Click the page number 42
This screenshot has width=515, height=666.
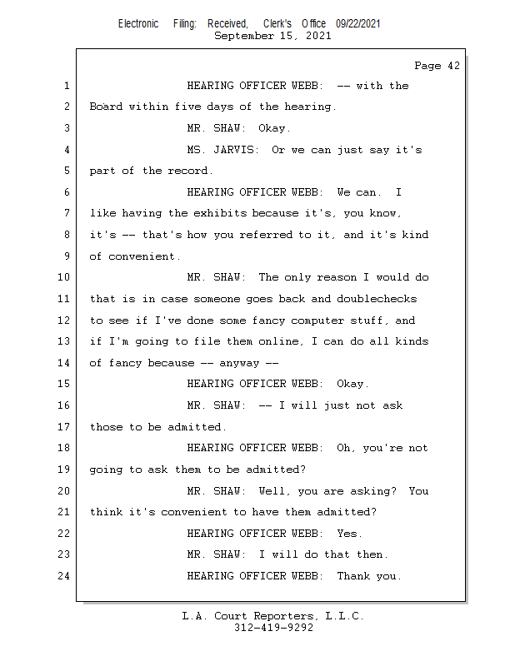[x=454, y=66]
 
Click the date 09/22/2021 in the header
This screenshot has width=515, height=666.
[x=357, y=24]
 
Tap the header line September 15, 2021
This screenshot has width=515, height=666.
[x=272, y=36]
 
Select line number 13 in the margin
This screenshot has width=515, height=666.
[x=63, y=341]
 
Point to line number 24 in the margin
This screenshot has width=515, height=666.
[x=63, y=576]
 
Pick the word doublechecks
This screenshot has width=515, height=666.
[x=377, y=299]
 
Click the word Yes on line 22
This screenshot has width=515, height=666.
[x=348, y=534]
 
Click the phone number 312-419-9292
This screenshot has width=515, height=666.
[x=273, y=628]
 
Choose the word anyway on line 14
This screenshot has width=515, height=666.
[x=239, y=364]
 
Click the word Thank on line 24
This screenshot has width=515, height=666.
[x=353, y=576]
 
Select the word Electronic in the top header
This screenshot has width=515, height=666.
[x=138, y=24]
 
